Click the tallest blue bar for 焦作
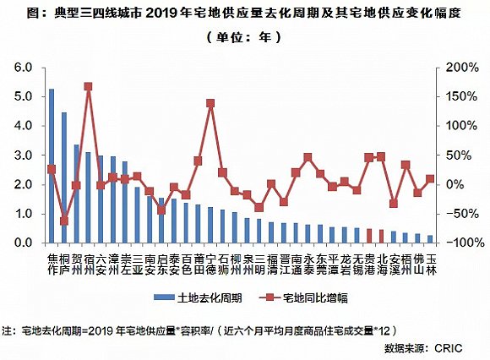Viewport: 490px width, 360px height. pyautogui.click(x=52, y=166)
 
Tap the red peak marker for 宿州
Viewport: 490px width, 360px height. pyautogui.click(x=88, y=86)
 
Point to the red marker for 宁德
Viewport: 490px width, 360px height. pyautogui.click(x=210, y=103)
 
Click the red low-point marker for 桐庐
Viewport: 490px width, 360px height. pyautogui.click(x=63, y=221)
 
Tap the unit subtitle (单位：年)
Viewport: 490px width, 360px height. pyautogui.click(x=244, y=37)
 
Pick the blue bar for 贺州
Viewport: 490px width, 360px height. pyautogui.click(x=76, y=194)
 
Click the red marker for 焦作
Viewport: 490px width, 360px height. pyautogui.click(x=52, y=169)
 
